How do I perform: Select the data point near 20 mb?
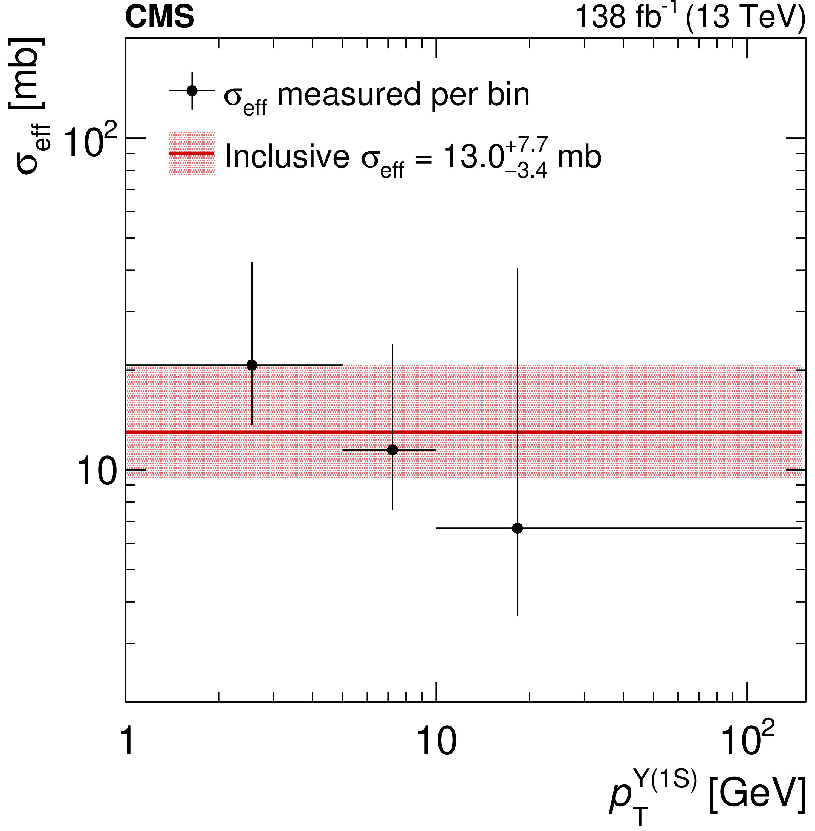click(x=252, y=365)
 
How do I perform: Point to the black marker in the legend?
click(x=192, y=91)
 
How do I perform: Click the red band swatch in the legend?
click(x=192, y=153)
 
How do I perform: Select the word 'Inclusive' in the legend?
click(x=287, y=157)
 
